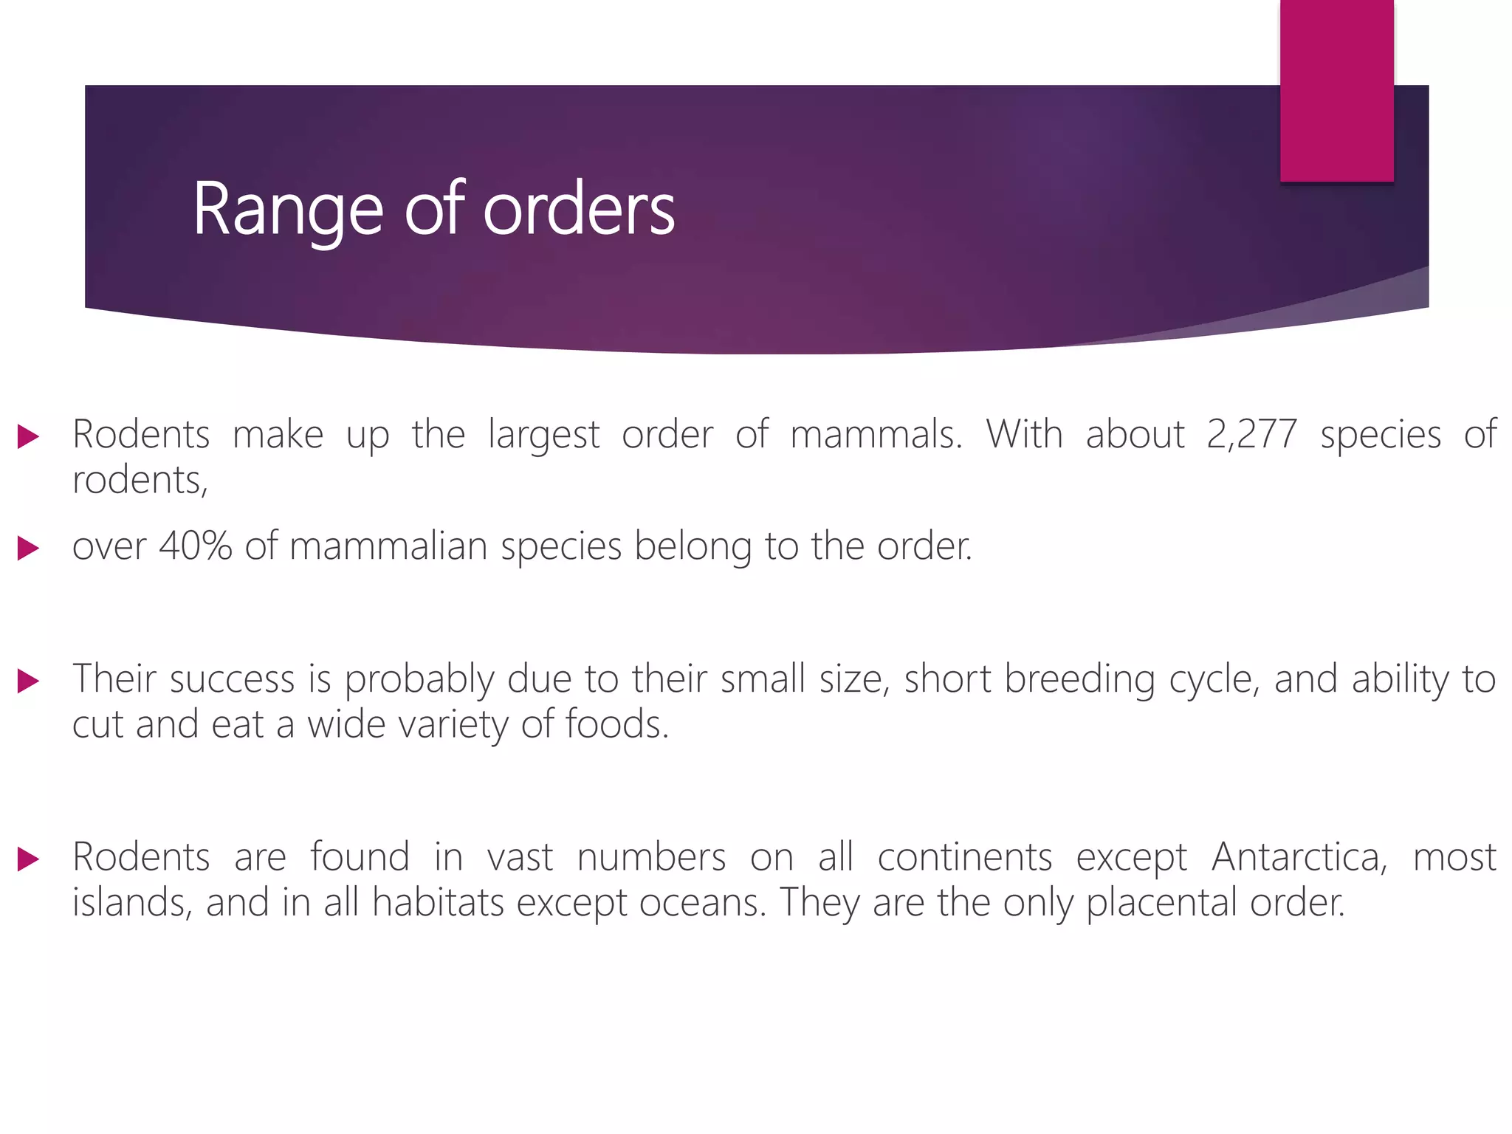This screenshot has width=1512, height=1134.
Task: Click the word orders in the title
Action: (579, 210)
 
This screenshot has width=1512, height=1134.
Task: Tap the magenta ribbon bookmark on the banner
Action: (1336, 90)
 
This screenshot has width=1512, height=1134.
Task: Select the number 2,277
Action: (1251, 435)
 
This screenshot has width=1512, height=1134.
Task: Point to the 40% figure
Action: (195, 547)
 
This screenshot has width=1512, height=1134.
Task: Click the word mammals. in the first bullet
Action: (876, 435)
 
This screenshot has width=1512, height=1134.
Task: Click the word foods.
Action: (617, 725)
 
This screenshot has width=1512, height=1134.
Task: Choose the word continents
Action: (964, 858)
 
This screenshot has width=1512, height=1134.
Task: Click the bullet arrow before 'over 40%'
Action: (28, 549)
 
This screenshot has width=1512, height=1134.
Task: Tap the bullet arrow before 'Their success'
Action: (28, 681)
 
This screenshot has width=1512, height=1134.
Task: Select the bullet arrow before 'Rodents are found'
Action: (28, 859)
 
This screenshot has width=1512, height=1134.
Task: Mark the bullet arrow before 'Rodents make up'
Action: (28, 436)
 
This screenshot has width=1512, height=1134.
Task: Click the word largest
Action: (543, 435)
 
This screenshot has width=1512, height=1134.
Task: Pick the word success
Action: (232, 679)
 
